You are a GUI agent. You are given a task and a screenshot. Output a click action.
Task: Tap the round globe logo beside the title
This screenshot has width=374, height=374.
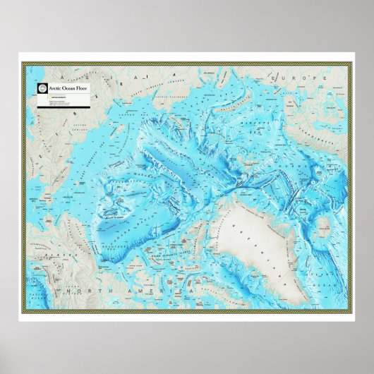(42, 88)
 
